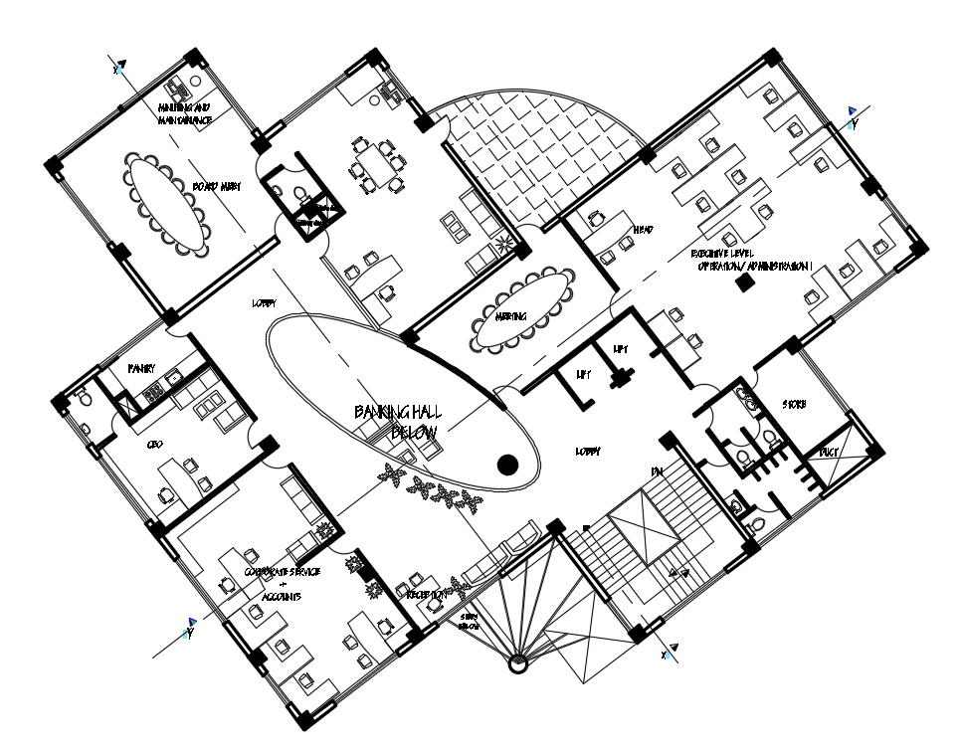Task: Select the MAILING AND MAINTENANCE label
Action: pyautogui.click(x=185, y=113)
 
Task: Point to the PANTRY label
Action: pyautogui.click(x=142, y=368)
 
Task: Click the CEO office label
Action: pyautogui.click(x=154, y=445)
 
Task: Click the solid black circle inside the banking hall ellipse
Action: pyautogui.click(x=508, y=463)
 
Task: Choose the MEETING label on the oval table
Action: pyautogui.click(x=511, y=318)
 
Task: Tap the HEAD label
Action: pyautogui.click(x=643, y=232)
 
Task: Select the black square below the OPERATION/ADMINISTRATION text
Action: pyautogui.click(x=741, y=286)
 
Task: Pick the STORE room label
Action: pyautogui.click(x=794, y=405)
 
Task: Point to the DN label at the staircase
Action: pyautogui.click(x=658, y=471)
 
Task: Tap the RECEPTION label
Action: pyautogui.click(x=426, y=594)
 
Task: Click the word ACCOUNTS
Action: pyautogui.click(x=282, y=595)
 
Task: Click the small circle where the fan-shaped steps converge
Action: pyautogui.click(x=516, y=665)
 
